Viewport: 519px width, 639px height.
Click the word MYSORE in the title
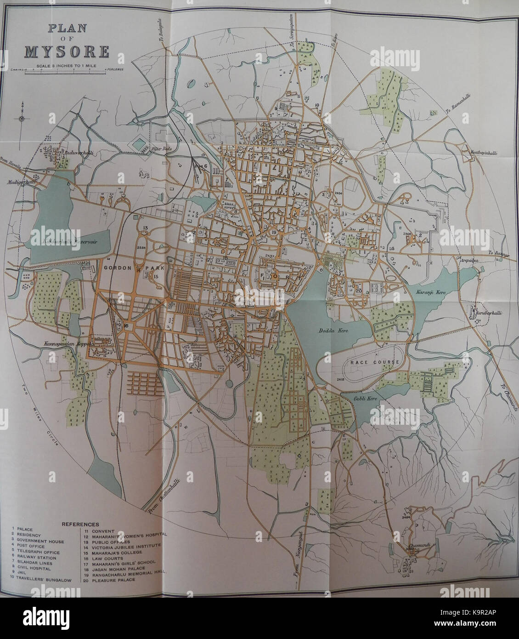(x=67, y=51)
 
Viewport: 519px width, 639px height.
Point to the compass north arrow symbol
(x=22, y=118)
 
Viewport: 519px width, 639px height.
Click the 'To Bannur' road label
(x=496, y=253)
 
